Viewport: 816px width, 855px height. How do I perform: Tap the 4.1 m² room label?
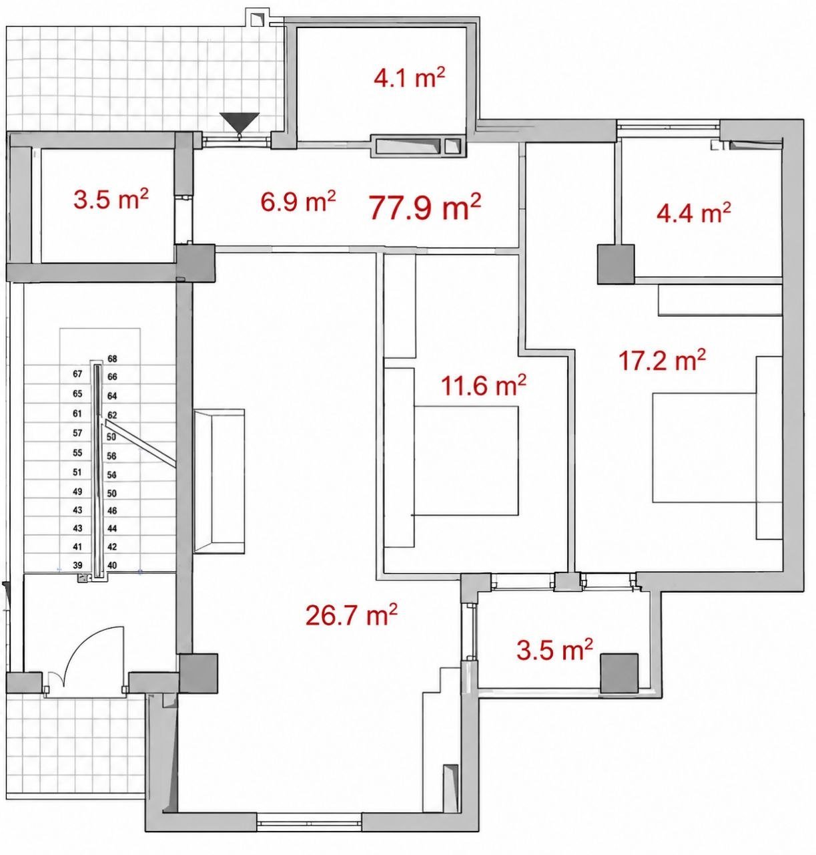pyautogui.click(x=409, y=78)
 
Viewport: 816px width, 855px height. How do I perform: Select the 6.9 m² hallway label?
pyautogui.click(x=298, y=201)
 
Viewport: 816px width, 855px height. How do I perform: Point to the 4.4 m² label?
pyautogui.click(x=693, y=212)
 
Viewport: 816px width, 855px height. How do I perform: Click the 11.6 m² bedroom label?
pyautogui.click(x=483, y=385)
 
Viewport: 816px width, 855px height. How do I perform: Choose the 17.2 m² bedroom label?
pyautogui.click(x=661, y=360)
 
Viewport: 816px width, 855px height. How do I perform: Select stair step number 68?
pyautogui.click(x=112, y=359)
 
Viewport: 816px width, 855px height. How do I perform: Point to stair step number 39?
pyautogui.click(x=77, y=565)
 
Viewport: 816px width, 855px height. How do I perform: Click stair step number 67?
pyautogui.click(x=77, y=374)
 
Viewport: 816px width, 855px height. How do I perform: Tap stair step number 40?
pyautogui.click(x=112, y=565)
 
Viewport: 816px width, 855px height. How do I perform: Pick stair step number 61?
pyautogui.click(x=77, y=413)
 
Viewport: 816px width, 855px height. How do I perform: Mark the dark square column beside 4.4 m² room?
pyautogui.click(x=615, y=264)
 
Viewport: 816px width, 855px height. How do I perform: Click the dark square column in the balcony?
pyautogui.click(x=619, y=673)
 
